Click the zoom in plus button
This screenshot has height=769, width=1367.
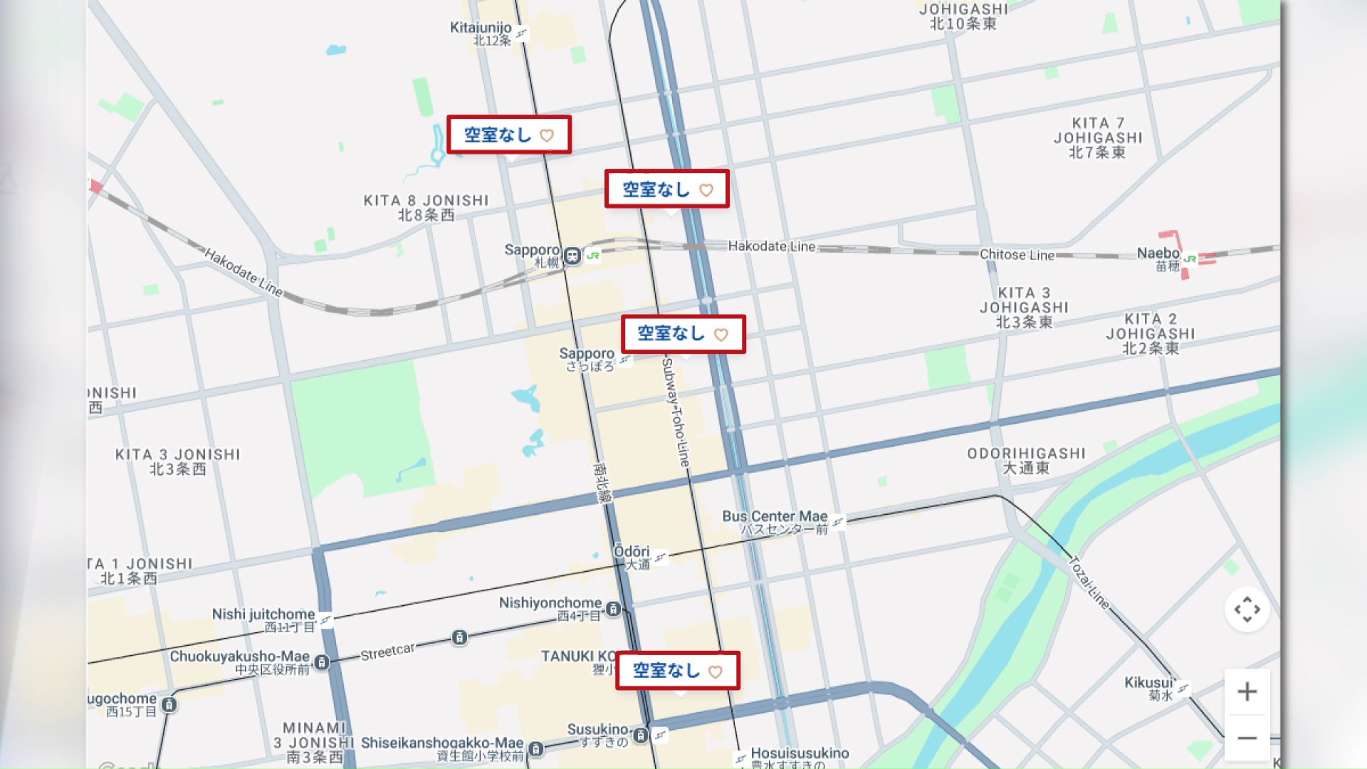[x=1247, y=691]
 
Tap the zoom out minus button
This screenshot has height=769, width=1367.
[x=1247, y=738]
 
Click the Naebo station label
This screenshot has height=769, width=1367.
[x=1158, y=253]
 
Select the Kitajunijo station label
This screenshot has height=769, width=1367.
[x=481, y=28]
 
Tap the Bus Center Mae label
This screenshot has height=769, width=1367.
[x=775, y=516]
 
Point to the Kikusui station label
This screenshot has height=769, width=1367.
[x=1148, y=683]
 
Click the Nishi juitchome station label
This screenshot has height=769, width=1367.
[x=263, y=614]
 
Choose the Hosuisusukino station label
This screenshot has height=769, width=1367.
[x=800, y=753]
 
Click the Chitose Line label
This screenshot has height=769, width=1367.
[x=1017, y=255]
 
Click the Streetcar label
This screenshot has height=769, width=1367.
[x=387, y=652]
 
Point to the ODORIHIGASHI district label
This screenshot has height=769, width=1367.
[x=1026, y=454]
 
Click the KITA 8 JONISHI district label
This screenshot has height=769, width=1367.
[x=426, y=201]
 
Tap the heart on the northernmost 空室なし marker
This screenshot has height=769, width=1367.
[x=547, y=135]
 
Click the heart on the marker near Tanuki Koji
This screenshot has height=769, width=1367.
[x=716, y=671]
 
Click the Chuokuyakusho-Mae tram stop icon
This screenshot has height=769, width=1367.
[x=322, y=662]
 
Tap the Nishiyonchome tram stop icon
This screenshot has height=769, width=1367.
[x=613, y=609]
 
